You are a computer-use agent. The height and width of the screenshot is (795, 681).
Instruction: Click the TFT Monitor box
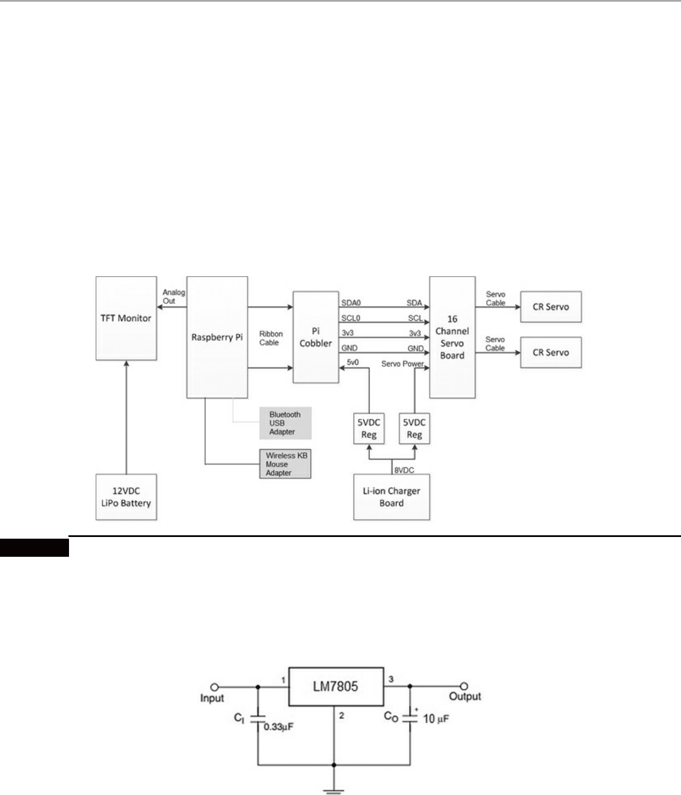point(126,318)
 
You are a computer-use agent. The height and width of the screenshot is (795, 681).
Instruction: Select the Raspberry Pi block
point(217,337)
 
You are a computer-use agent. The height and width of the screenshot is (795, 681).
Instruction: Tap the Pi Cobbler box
point(316,337)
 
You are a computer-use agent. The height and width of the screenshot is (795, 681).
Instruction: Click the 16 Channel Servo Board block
point(452,337)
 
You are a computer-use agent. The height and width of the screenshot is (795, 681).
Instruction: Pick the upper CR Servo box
point(550,307)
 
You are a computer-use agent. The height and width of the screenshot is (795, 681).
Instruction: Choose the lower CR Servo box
point(550,352)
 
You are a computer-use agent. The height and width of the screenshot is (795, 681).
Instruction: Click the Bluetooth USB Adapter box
point(286,423)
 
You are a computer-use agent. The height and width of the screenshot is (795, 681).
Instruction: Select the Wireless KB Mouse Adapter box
point(285,464)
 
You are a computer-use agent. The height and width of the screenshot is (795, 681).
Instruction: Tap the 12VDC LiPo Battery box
point(125,497)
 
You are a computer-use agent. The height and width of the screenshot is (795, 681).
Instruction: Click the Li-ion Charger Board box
point(391,497)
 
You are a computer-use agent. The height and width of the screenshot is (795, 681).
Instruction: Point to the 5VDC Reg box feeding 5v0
point(369,428)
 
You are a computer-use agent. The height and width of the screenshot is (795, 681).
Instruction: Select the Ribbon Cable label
point(270,338)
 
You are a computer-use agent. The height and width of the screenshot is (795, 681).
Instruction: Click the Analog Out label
point(174,296)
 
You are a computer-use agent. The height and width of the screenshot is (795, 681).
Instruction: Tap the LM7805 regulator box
point(336,686)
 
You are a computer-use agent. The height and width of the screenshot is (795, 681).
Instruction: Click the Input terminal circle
point(214,687)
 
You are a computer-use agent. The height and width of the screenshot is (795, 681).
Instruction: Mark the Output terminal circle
point(464,686)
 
